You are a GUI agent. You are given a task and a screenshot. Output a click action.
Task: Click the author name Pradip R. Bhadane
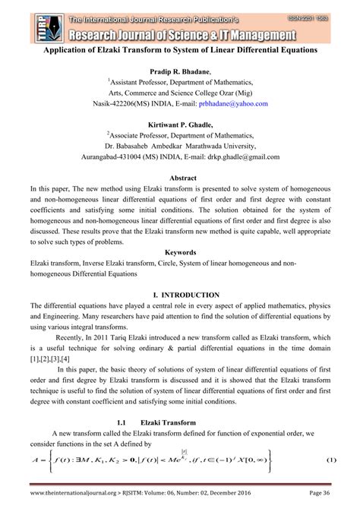tap(179, 70)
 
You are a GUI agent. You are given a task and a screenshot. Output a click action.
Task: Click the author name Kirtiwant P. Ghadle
tap(179, 124)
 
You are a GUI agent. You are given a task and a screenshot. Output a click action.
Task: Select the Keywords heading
tap(180, 251)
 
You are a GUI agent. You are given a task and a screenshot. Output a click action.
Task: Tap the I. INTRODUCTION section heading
tap(180, 294)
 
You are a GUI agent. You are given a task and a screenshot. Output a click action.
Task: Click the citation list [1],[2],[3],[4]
tap(50, 358)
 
